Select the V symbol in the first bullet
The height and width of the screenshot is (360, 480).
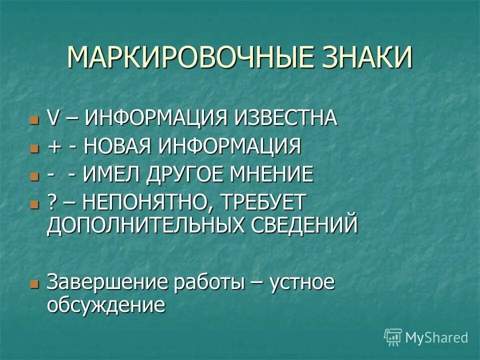pos(52,119)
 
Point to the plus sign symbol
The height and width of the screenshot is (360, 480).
pos(53,147)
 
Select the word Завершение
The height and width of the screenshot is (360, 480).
pos(107,282)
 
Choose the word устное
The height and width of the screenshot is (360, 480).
pos(301,283)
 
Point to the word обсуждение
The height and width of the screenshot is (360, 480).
pos(105,305)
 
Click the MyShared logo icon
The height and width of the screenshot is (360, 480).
pos(393,337)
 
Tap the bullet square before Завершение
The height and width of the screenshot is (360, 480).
pos(34,283)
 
